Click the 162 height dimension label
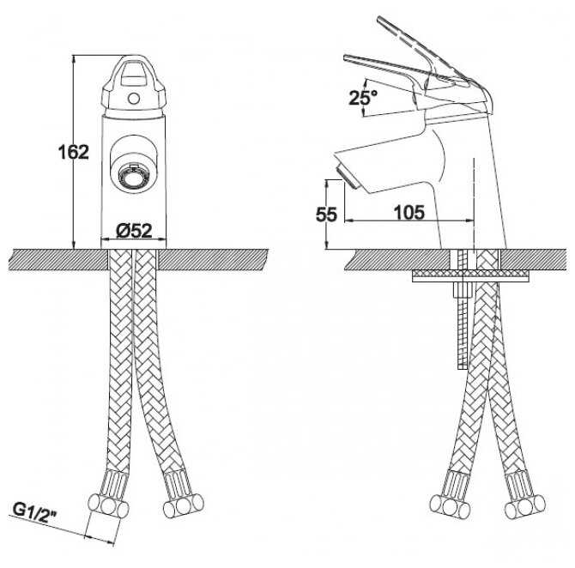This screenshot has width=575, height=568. (74, 152)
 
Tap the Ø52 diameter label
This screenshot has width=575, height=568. (134, 231)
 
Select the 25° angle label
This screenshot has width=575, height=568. (363, 97)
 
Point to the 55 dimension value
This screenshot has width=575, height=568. (326, 215)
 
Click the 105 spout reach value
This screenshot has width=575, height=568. (409, 212)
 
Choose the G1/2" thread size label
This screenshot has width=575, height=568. (35, 511)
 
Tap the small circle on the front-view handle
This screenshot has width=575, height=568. (134, 99)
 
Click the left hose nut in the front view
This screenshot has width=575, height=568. (108, 506)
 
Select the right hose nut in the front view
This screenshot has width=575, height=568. (183, 505)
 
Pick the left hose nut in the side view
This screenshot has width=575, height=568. (450, 507)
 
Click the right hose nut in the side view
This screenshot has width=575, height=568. (524, 507)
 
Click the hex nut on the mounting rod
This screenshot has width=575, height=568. (463, 290)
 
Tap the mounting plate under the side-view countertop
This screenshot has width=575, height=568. (471, 275)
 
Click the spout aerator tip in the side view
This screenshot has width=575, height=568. (346, 177)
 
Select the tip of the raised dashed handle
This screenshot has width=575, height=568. (379, 20)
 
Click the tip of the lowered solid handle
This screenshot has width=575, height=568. (345, 57)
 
